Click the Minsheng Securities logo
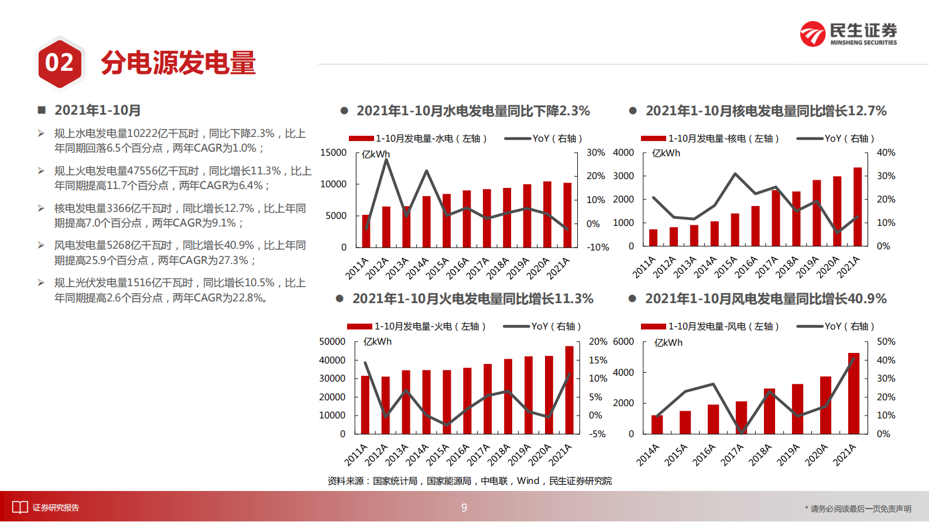pos(848,34)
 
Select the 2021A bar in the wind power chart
pos(853,393)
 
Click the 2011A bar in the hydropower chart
pos(366,231)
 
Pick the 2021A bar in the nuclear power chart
pos(858,207)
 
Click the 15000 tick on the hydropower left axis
pos(334,153)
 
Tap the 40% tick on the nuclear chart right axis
pos(886,153)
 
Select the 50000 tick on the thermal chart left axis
pos(332,342)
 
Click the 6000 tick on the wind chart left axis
pos(623,342)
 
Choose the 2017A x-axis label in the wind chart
pos(732,455)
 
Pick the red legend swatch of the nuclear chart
pos(653,139)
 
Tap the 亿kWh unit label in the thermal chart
pos(378,342)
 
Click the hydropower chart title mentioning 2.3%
pos(473,111)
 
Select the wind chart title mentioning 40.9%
pos(766,299)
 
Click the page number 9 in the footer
pos(464,508)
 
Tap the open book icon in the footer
pos(20,507)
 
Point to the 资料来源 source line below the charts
pos(469,481)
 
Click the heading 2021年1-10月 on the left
pos(97,111)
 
